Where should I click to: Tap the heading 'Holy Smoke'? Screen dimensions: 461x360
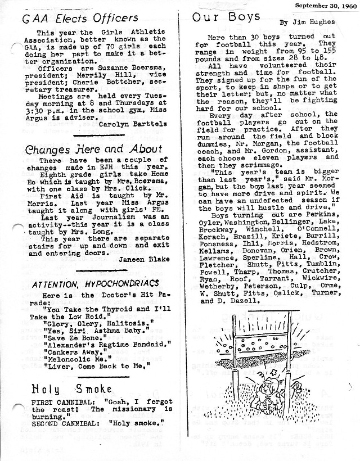tap(71, 388)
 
